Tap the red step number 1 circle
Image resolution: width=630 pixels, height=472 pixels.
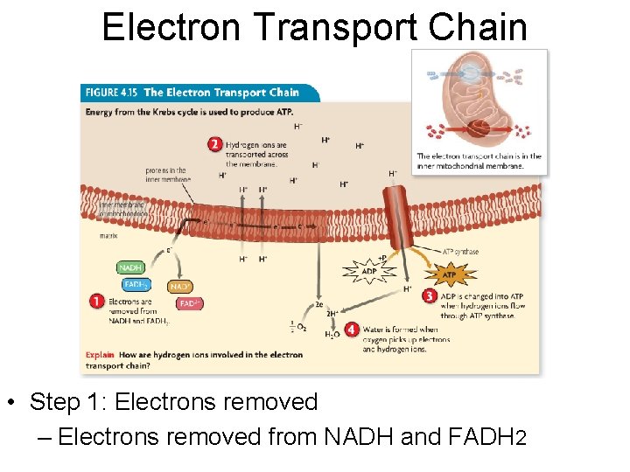coord(97,301)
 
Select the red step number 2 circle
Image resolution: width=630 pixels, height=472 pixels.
coord(214,144)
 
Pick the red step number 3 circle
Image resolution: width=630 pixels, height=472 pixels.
coord(429,296)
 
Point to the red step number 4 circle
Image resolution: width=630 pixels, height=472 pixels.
coord(351,330)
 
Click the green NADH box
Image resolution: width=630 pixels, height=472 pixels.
coord(130,267)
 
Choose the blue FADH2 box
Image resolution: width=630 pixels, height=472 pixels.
coord(136,284)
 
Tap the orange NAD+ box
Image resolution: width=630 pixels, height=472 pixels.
coord(180,287)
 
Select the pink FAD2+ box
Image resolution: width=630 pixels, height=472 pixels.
coord(190,303)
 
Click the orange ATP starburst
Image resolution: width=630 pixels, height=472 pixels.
coord(448,275)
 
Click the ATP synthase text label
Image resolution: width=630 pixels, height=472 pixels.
coord(460,252)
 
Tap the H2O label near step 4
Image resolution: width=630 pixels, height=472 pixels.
coord(332,334)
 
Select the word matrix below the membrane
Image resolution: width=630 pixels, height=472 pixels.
coord(109,235)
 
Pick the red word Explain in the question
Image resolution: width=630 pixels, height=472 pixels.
coord(99,355)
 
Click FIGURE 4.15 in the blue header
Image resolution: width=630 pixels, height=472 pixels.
coord(111,93)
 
